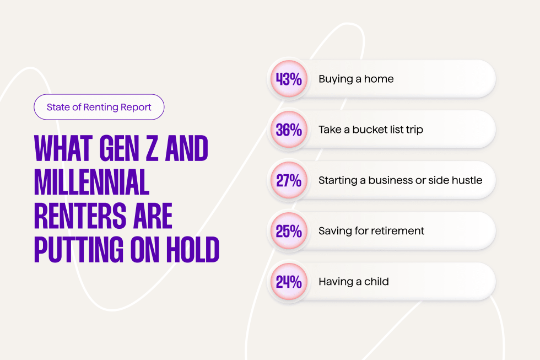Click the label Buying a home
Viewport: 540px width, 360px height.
356,79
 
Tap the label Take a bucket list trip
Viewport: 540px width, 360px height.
371,130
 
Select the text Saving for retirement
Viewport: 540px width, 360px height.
371,231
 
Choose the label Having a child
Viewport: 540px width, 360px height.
354,282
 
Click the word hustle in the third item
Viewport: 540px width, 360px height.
467,180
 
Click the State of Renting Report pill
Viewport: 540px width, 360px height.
99,107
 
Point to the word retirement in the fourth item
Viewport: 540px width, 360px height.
397,231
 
